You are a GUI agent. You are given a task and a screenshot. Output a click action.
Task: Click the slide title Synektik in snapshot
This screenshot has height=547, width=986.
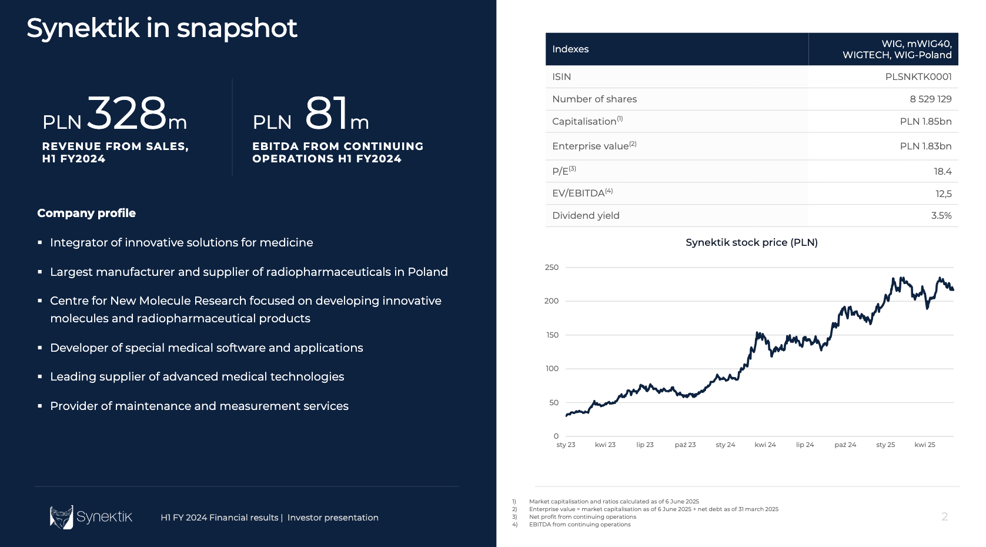[162, 28]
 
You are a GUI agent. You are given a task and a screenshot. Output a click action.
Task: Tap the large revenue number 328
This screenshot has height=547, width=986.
[127, 113]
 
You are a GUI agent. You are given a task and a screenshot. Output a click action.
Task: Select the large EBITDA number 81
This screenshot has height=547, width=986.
[327, 113]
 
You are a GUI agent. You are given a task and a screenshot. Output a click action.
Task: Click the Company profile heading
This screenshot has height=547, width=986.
[86, 213]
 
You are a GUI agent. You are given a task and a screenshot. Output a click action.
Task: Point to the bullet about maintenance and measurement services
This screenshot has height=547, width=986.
[199, 406]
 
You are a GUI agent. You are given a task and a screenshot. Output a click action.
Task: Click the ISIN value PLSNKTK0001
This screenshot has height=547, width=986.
[918, 76]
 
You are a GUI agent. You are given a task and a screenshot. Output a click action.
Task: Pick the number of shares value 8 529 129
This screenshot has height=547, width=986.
[930, 99]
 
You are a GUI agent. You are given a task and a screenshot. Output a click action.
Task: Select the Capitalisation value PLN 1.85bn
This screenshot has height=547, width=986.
[925, 121]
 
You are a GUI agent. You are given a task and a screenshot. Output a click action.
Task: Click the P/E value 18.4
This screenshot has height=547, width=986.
[942, 171]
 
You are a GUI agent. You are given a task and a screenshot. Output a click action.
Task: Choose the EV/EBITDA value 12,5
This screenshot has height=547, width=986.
[943, 194]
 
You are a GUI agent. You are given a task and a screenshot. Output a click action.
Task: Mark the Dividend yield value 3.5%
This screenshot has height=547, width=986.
[941, 215]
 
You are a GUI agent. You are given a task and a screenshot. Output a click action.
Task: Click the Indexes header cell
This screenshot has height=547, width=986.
[570, 49]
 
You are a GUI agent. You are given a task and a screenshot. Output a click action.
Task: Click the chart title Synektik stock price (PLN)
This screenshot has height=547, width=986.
[751, 242]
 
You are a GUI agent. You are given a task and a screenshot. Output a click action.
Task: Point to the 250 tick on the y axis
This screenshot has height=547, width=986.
[552, 267]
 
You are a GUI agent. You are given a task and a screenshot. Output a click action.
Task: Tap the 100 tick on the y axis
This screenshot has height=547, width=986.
[552, 369]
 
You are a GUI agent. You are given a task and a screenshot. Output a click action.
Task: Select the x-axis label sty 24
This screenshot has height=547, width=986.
[725, 445]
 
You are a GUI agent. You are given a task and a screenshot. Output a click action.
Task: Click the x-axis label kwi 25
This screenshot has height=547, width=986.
[924, 445]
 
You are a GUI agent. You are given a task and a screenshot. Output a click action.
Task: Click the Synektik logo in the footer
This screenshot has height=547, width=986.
[91, 517]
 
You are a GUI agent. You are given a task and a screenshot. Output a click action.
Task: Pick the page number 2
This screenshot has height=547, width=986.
[944, 516]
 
